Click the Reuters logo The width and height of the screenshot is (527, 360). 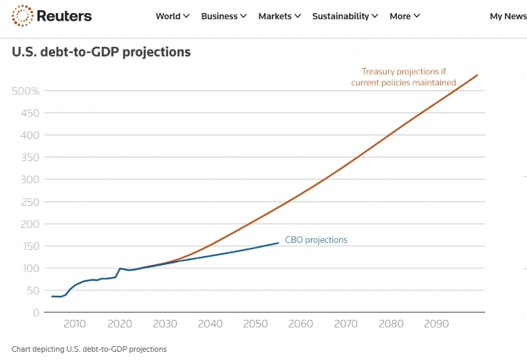(x=52, y=16)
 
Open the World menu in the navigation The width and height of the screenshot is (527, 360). (x=172, y=16)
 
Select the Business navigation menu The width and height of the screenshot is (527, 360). (x=224, y=16)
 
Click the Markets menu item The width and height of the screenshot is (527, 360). (x=279, y=16)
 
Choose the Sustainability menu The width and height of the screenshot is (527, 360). (x=345, y=16)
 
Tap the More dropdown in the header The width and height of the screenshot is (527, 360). (x=405, y=16)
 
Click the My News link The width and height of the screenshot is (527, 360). (x=508, y=16)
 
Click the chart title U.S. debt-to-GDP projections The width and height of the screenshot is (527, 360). (x=101, y=52)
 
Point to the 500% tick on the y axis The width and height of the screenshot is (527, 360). (x=25, y=91)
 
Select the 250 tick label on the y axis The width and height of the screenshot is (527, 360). (x=30, y=202)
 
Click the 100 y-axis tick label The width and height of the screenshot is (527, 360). (x=30, y=268)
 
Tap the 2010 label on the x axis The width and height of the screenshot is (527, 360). (x=74, y=324)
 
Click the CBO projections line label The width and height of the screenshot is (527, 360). (x=316, y=240)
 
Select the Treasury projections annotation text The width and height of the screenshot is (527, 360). (x=403, y=77)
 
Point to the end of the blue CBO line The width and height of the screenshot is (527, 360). (x=278, y=242)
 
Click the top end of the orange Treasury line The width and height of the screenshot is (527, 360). (x=477, y=75)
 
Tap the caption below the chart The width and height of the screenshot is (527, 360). (x=89, y=349)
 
